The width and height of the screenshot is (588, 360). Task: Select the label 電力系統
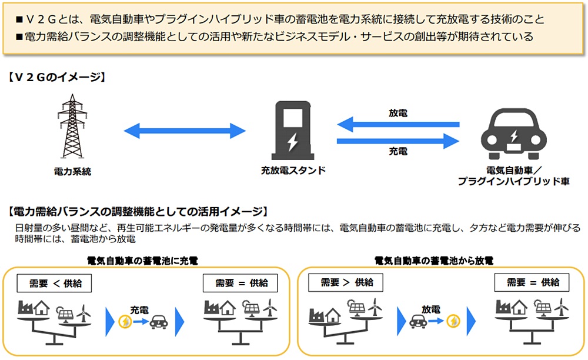pos(72,171)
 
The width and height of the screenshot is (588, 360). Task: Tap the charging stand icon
pos(292,131)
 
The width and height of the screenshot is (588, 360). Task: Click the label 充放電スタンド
pos(293,171)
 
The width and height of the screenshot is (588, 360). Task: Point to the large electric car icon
pos(513,134)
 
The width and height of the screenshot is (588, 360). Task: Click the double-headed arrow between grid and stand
pos(184,130)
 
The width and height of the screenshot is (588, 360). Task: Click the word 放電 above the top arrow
pos(398,112)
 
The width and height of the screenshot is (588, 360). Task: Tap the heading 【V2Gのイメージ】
pos(56,77)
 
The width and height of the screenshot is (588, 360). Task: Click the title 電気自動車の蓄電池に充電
pos(142,259)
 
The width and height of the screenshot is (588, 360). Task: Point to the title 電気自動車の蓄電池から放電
pos(433,259)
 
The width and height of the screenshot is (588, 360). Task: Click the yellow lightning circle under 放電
pos(454,321)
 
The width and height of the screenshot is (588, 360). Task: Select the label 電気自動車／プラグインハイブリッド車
pos(513,176)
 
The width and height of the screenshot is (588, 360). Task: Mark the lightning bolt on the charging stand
pos(292,142)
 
